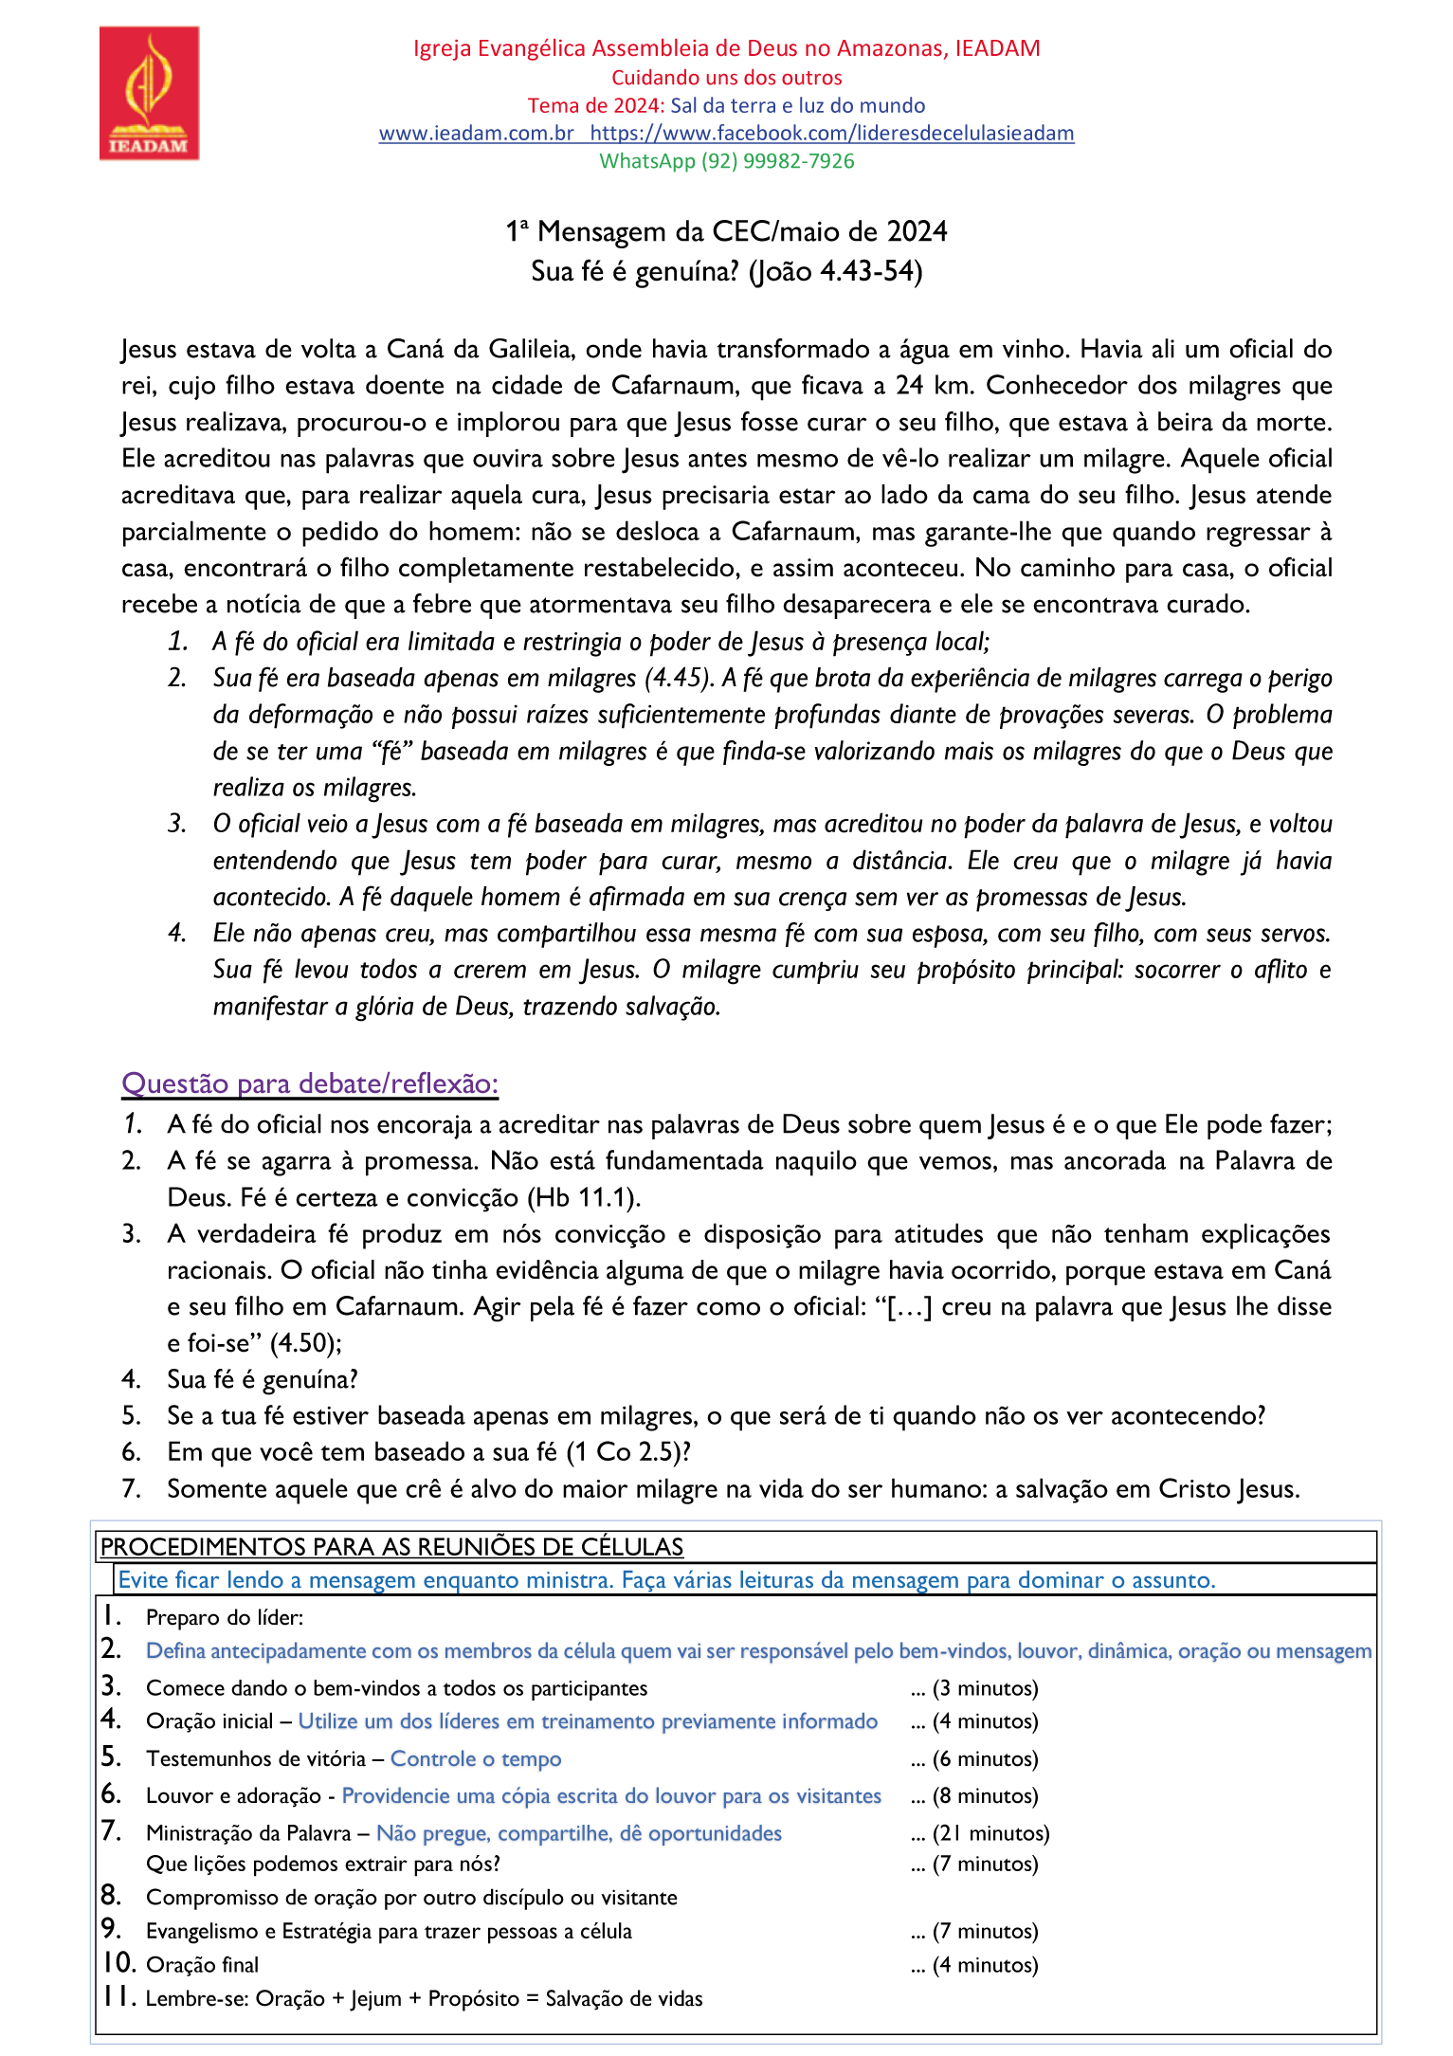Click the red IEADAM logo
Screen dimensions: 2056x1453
pyautogui.click(x=149, y=93)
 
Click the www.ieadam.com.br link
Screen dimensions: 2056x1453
pyautogui.click(x=476, y=133)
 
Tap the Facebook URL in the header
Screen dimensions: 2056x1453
pyautogui.click(x=831, y=133)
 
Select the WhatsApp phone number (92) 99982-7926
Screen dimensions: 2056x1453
pyautogui.click(x=777, y=161)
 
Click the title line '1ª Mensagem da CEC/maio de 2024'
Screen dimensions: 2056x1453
pyautogui.click(x=726, y=231)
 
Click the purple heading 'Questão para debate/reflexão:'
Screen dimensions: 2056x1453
pyautogui.click(x=310, y=1083)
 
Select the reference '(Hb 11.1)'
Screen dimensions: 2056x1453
pyautogui.click(x=584, y=1197)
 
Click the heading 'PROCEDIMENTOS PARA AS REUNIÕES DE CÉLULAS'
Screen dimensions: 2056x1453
pyautogui.click(x=391, y=1547)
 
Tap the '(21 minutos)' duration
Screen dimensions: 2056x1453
pyautogui.click(x=990, y=1833)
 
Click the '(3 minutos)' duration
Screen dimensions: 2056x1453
pyautogui.click(x=985, y=1688)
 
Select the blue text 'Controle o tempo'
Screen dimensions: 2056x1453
pyautogui.click(x=476, y=1759)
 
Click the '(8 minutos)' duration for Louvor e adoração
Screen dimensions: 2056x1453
pyautogui.click(x=985, y=1796)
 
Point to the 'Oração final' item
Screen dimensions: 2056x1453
pyautogui.click(x=202, y=1965)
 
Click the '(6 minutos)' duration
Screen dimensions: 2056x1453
pyautogui.click(x=985, y=1759)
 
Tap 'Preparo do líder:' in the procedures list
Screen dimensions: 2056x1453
pyautogui.click(x=225, y=1618)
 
